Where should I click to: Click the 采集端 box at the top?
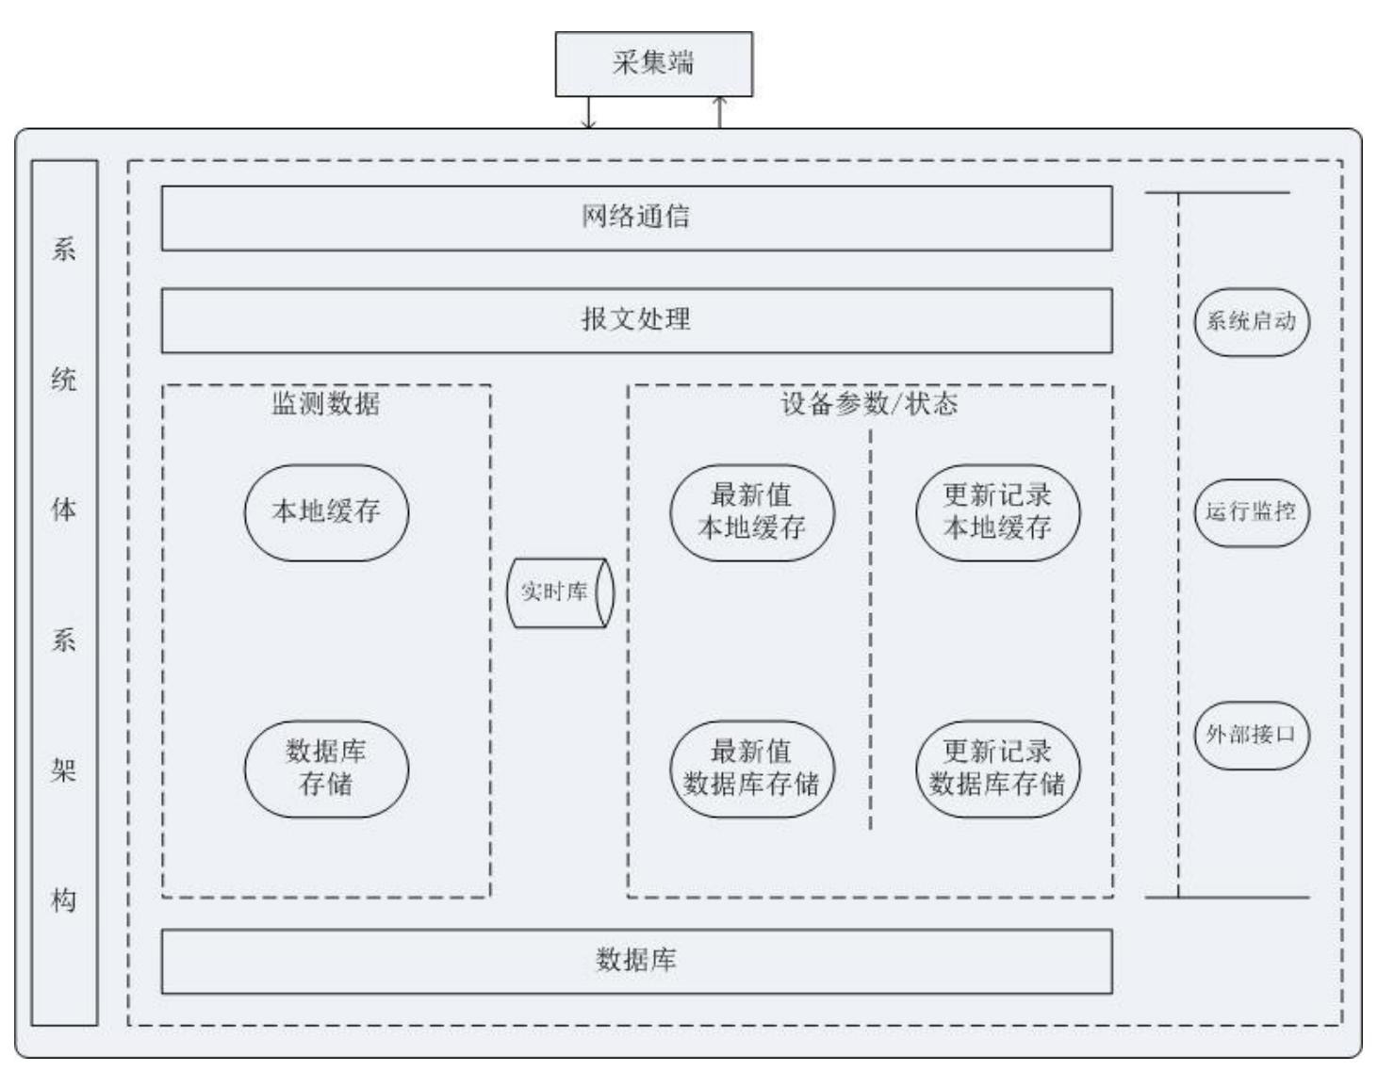pyautogui.click(x=653, y=64)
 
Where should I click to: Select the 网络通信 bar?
pyautogui.click(x=636, y=218)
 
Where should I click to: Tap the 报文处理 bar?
pyautogui.click(x=636, y=320)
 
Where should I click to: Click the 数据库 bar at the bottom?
pyautogui.click(x=636, y=961)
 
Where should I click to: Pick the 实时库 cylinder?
pyautogui.click(x=560, y=592)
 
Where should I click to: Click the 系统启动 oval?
pyautogui.click(x=1252, y=322)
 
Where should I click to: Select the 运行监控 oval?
pyautogui.click(x=1252, y=512)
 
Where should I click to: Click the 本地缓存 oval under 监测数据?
pyautogui.click(x=326, y=512)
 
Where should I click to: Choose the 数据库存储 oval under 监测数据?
pyautogui.click(x=326, y=769)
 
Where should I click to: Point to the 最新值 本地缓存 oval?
pyautogui.click(x=752, y=512)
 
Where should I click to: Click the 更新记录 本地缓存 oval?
pyautogui.click(x=997, y=512)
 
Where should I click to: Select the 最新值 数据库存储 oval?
pyautogui.click(x=752, y=769)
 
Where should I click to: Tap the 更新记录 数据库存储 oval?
pyautogui.click(x=997, y=769)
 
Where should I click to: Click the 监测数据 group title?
pyautogui.click(x=326, y=405)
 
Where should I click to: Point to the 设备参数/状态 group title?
pyautogui.click(x=869, y=405)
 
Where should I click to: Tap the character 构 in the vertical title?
pyautogui.click(x=64, y=901)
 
